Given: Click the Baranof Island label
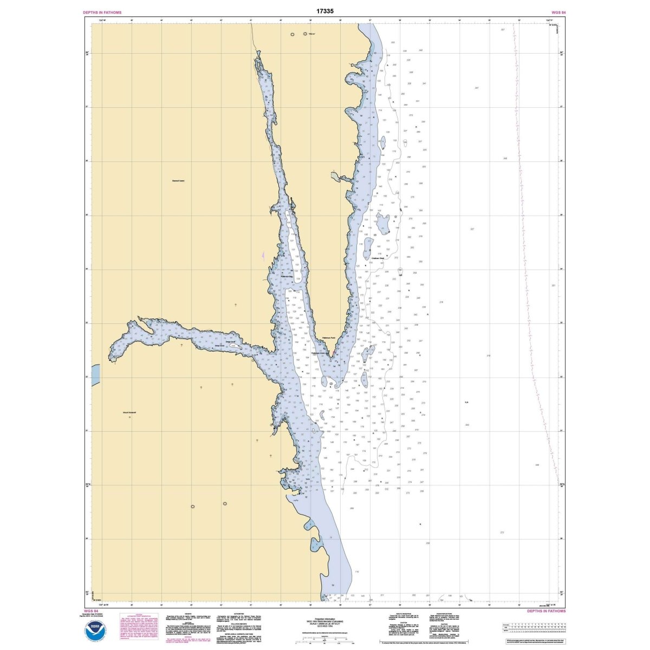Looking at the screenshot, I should click(178, 180).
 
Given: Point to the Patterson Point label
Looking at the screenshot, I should click(329, 338).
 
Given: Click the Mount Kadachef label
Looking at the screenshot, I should click(129, 412).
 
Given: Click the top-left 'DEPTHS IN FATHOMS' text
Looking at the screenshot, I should click(102, 11).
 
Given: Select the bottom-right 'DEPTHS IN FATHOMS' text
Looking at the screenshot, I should click(546, 610).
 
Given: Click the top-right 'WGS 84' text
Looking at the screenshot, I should click(558, 11).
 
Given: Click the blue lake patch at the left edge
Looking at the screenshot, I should click(96, 373).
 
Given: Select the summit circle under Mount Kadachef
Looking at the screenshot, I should click(130, 417).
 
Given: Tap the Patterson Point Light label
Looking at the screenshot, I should click(318, 353).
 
